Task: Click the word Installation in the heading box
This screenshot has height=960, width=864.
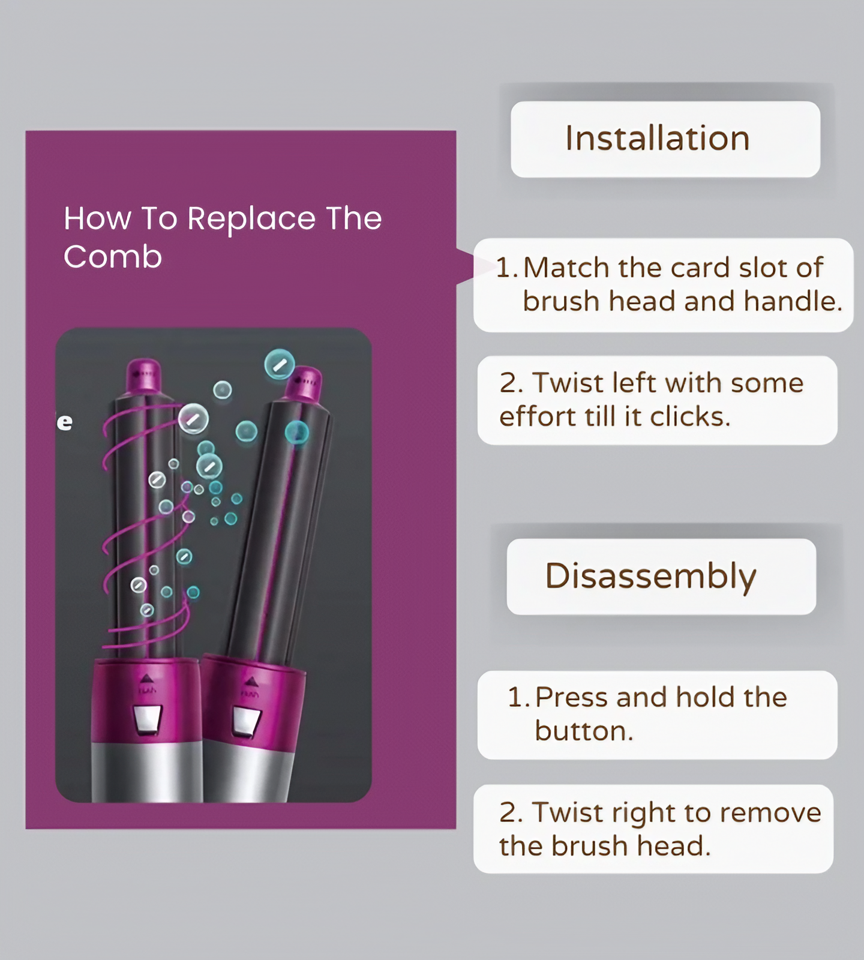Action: (x=658, y=139)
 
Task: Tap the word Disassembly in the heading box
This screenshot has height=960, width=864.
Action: (x=650, y=576)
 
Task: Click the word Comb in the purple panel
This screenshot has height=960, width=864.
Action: (x=113, y=257)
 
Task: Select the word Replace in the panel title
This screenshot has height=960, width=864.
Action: (x=251, y=218)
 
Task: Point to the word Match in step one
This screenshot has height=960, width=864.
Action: (x=567, y=268)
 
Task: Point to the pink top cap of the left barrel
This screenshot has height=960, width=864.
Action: (x=143, y=375)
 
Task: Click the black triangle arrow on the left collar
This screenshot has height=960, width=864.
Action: (x=147, y=679)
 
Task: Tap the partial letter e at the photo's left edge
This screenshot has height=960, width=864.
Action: (x=65, y=422)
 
